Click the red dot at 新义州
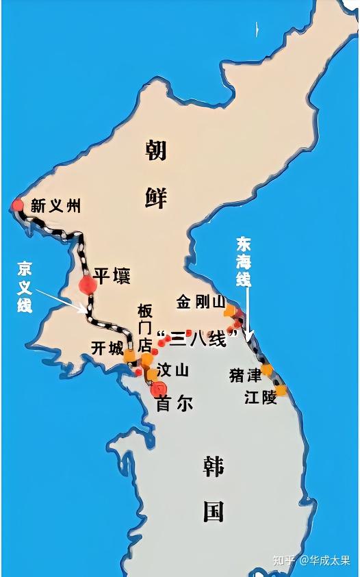(17, 205)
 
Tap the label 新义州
(56, 205)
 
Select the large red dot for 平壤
(88, 285)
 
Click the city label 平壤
(112, 276)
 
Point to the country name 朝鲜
(156, 171)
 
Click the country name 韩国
(213, 489)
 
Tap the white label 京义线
(25, 286)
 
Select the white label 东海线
(244, 261)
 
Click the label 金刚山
(201, 302)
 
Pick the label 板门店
(144, 327)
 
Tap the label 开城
(107, 348)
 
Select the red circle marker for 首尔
(162, 389)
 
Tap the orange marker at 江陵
(281, 391)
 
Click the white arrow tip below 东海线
(250, 338)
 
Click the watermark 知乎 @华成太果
(311, 560)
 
